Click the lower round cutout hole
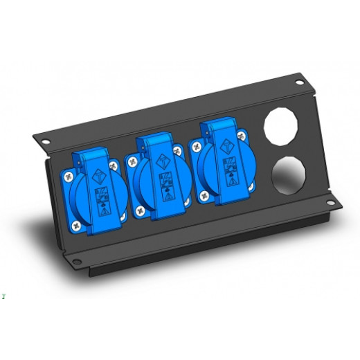pos(289,177)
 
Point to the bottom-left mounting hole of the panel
pos(73,262)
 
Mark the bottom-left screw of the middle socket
pos(141,211)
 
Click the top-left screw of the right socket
pos(197,146)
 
